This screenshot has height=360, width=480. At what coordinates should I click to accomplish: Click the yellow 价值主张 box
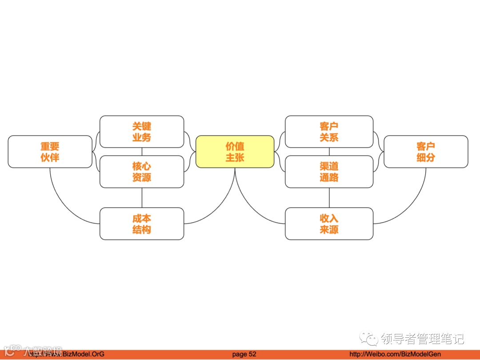click(235, 152)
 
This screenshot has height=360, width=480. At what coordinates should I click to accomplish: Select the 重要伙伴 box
click(50, 152)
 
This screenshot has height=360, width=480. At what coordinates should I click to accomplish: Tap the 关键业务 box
click(141, 132)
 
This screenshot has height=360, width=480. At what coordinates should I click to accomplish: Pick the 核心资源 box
click(141, 172)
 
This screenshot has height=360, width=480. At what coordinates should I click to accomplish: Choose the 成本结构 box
click(141, 224)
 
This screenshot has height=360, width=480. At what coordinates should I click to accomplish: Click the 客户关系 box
click(329, 132)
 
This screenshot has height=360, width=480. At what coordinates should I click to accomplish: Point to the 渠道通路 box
click(329, 172)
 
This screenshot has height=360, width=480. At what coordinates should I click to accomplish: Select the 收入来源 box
click(329, 224)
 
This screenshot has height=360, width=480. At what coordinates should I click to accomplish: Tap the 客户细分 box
click(426, 152)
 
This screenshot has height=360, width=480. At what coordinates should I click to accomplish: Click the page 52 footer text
click(244, 354)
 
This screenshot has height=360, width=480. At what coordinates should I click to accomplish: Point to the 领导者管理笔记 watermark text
click(422, 339)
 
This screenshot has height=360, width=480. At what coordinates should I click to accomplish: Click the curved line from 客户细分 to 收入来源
click(411, 204)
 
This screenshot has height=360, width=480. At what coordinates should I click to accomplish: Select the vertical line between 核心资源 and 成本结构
click(142, 197)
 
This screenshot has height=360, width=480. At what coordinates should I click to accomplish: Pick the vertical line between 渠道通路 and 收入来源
click(329, 197)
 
